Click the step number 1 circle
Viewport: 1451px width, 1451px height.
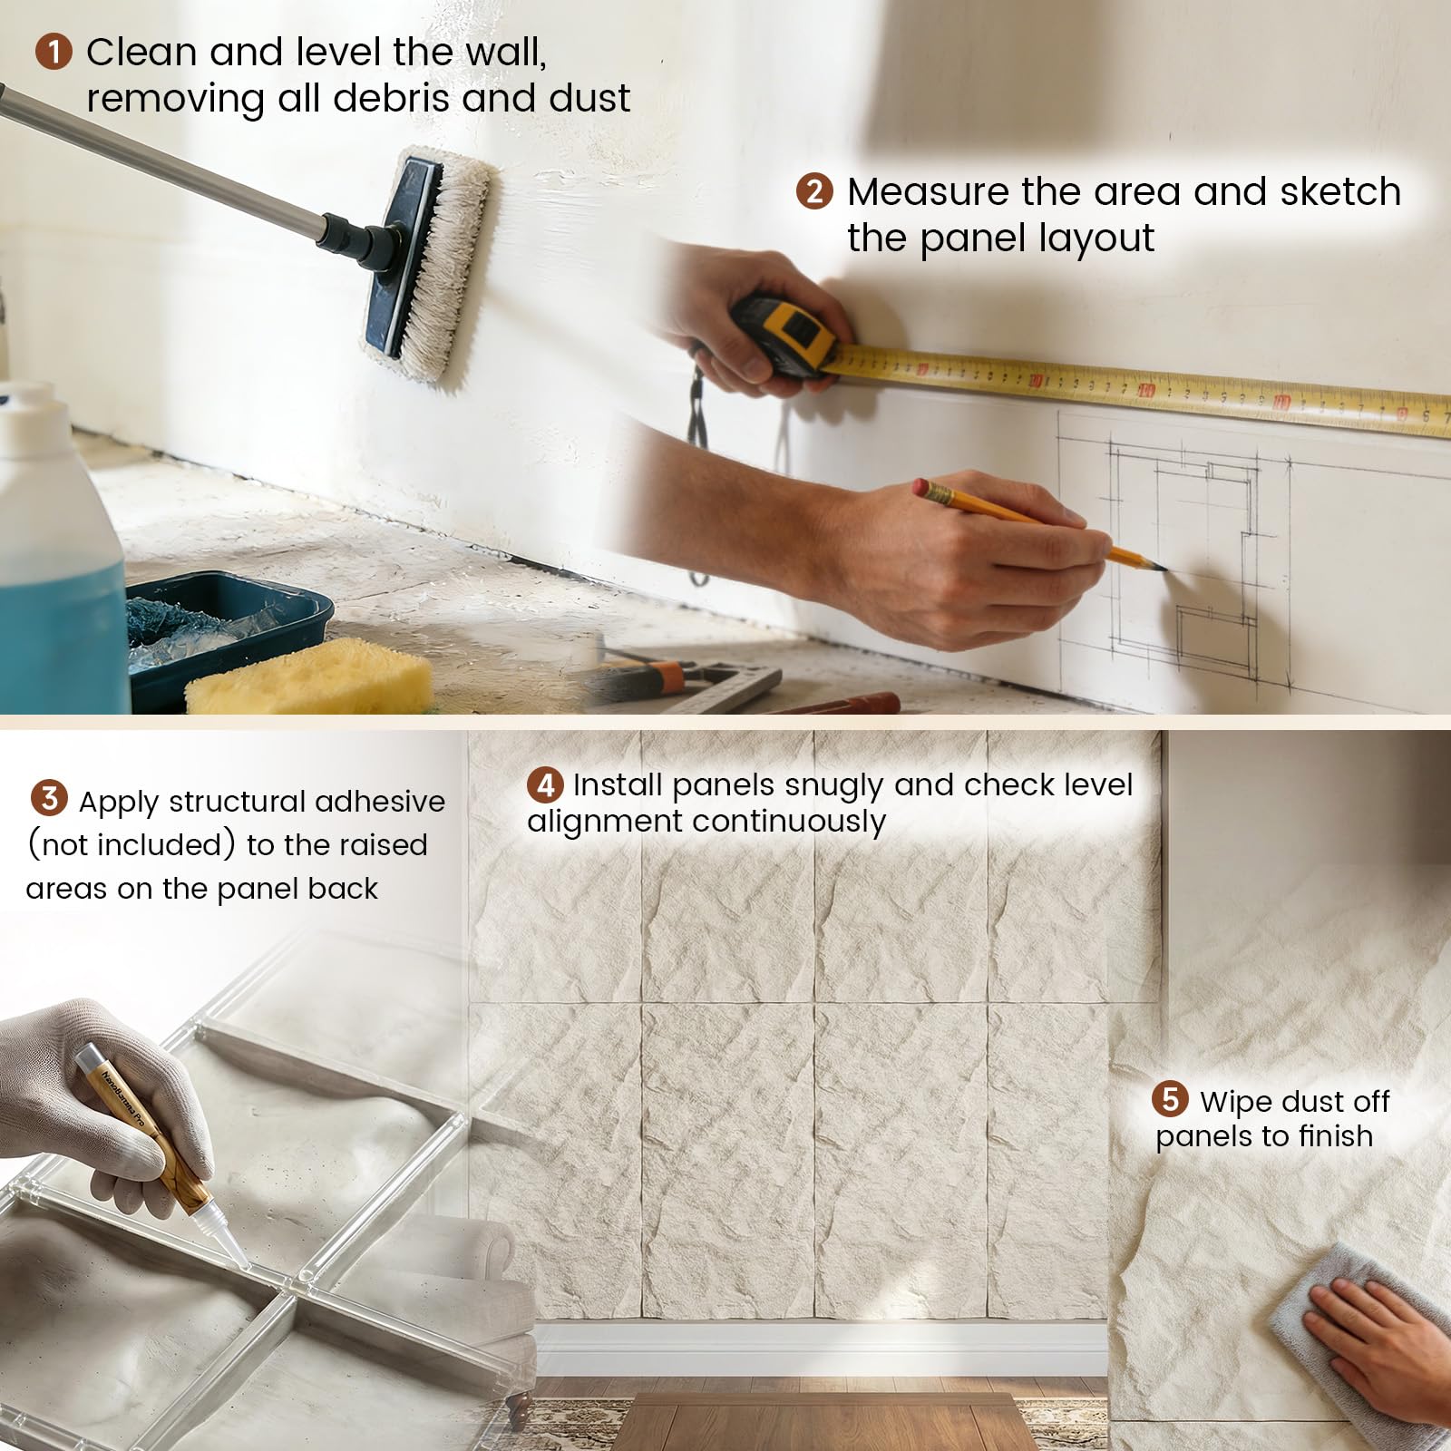pyautogui.click(x=54, y=52)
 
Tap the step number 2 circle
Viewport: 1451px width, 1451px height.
pyautogui.click(x=814, y=191)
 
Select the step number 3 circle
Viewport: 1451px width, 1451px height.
pyautogui.click(x=49, y=798)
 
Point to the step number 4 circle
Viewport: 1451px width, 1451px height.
pyautogui.click(x=545, y=784)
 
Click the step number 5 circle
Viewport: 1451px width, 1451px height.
pyautogui.click(x=1170, y=1099)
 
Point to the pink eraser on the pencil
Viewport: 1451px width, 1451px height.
pyautogui.click(x=922, y=487)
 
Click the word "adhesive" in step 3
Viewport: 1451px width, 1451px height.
pyautogui.click(x=380, y=802)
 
